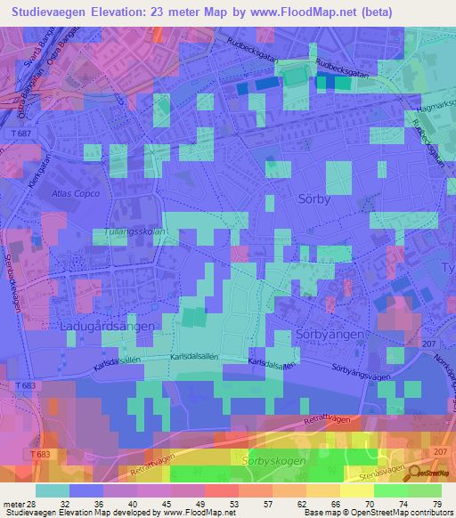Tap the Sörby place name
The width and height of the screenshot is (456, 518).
pos(313,200)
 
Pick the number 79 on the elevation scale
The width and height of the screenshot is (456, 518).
pos(436,503)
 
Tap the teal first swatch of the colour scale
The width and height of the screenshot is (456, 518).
pos(52,490)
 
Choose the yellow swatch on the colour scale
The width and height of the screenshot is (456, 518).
pos(356,490)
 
